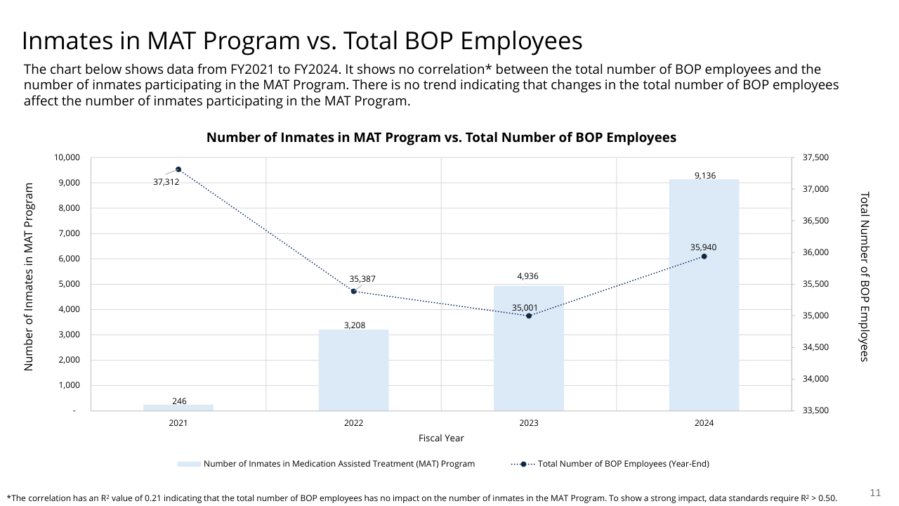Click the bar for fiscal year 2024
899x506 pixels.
coord(704,295)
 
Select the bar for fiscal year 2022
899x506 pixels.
coord(353,370)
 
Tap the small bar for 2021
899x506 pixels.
coord(178,407)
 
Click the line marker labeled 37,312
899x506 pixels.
coord(178,169)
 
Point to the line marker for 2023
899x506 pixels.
coord(529,316)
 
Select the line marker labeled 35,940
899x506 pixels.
coord(704,257)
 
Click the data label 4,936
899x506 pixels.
coord(527,276)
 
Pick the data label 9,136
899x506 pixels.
coord(704,175)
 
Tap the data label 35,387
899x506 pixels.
coord(362,279)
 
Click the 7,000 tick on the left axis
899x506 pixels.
coord(68,233)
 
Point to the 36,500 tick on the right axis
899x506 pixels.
coord(815,221)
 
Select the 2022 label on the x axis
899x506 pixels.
coord(353,423)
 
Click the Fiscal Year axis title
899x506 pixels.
coord(441,438)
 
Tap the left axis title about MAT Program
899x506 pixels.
coord(29,277)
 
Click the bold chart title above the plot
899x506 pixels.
coord(441,138)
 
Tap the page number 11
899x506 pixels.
coord(875,492)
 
